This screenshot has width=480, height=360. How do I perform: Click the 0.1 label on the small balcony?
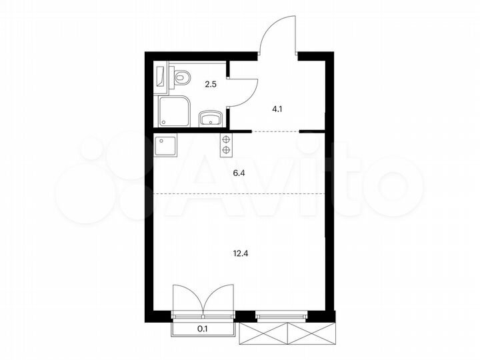tap(203, 328)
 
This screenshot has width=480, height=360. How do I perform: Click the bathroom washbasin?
tap(211, 119)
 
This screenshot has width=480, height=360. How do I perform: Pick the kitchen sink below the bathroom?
tap(165, 145)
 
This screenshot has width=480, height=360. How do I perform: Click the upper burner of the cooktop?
tap(226, 139)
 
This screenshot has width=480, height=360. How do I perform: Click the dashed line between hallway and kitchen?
tap(275, 133)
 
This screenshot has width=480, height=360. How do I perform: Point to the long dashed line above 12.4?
tap(240, 193)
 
